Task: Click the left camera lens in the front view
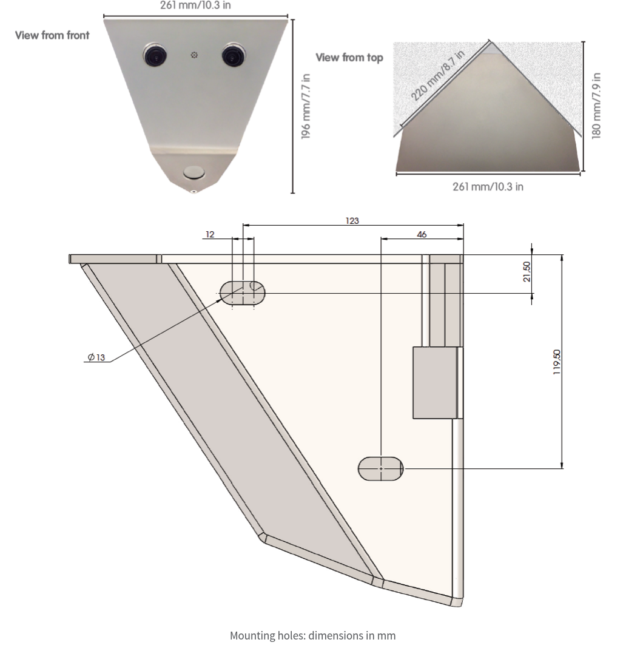(x=155, y=55)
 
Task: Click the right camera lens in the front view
(x=232, y=55)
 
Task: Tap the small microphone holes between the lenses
(x=194, y=55)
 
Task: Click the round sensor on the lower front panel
(x=194, y=172)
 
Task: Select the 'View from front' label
(x=52, y=35)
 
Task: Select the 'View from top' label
(x=349, y=58)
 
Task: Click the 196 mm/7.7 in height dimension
(x=306, y=106)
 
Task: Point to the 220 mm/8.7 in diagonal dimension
(x=437, y=75)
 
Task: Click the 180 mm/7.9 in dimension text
(x=597, y=106)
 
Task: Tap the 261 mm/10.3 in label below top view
(x=488, y=186)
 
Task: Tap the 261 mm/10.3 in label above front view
(x=195, y=6)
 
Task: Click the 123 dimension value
(x=352, y=221)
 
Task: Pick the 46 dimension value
(x=422, y=234)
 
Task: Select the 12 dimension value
(x=210, y=234)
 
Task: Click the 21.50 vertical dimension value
(x=527, y=271)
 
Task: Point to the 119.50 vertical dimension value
(x=557, y=362)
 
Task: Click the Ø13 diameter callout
(x=96, y=357)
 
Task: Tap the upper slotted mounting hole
(x=242, y=292)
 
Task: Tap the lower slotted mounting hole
(x=380, y=469)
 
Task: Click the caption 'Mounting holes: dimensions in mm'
(x=312, y=635)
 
